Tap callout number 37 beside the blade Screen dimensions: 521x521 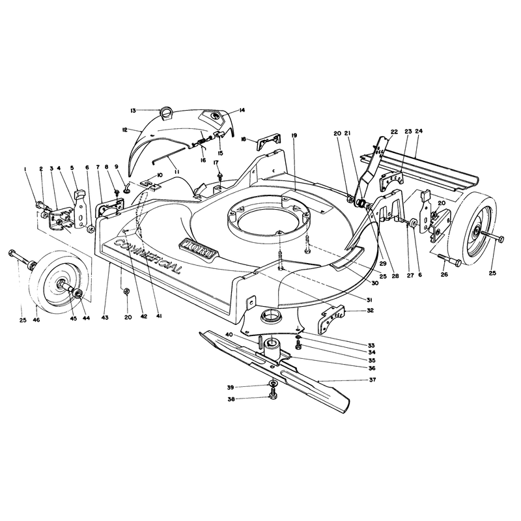(373, 380)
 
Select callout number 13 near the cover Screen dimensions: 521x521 (134, 111)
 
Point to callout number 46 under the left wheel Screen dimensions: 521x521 (36, 320)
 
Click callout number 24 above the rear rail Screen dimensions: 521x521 (419, 131)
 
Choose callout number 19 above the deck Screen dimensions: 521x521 (294, 135)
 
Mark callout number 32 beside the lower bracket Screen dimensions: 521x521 (370, 311)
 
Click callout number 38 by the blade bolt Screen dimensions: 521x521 (231, 399)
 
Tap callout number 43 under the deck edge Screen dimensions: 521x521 (105, 317)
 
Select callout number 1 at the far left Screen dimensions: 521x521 (25, 169)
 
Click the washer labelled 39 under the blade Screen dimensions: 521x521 (273, 384)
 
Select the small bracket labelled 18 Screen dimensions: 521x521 (268, 141)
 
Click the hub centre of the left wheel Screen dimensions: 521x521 (62, 283)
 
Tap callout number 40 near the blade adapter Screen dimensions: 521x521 (229, 335)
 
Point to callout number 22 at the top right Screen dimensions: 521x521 (394, 132)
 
